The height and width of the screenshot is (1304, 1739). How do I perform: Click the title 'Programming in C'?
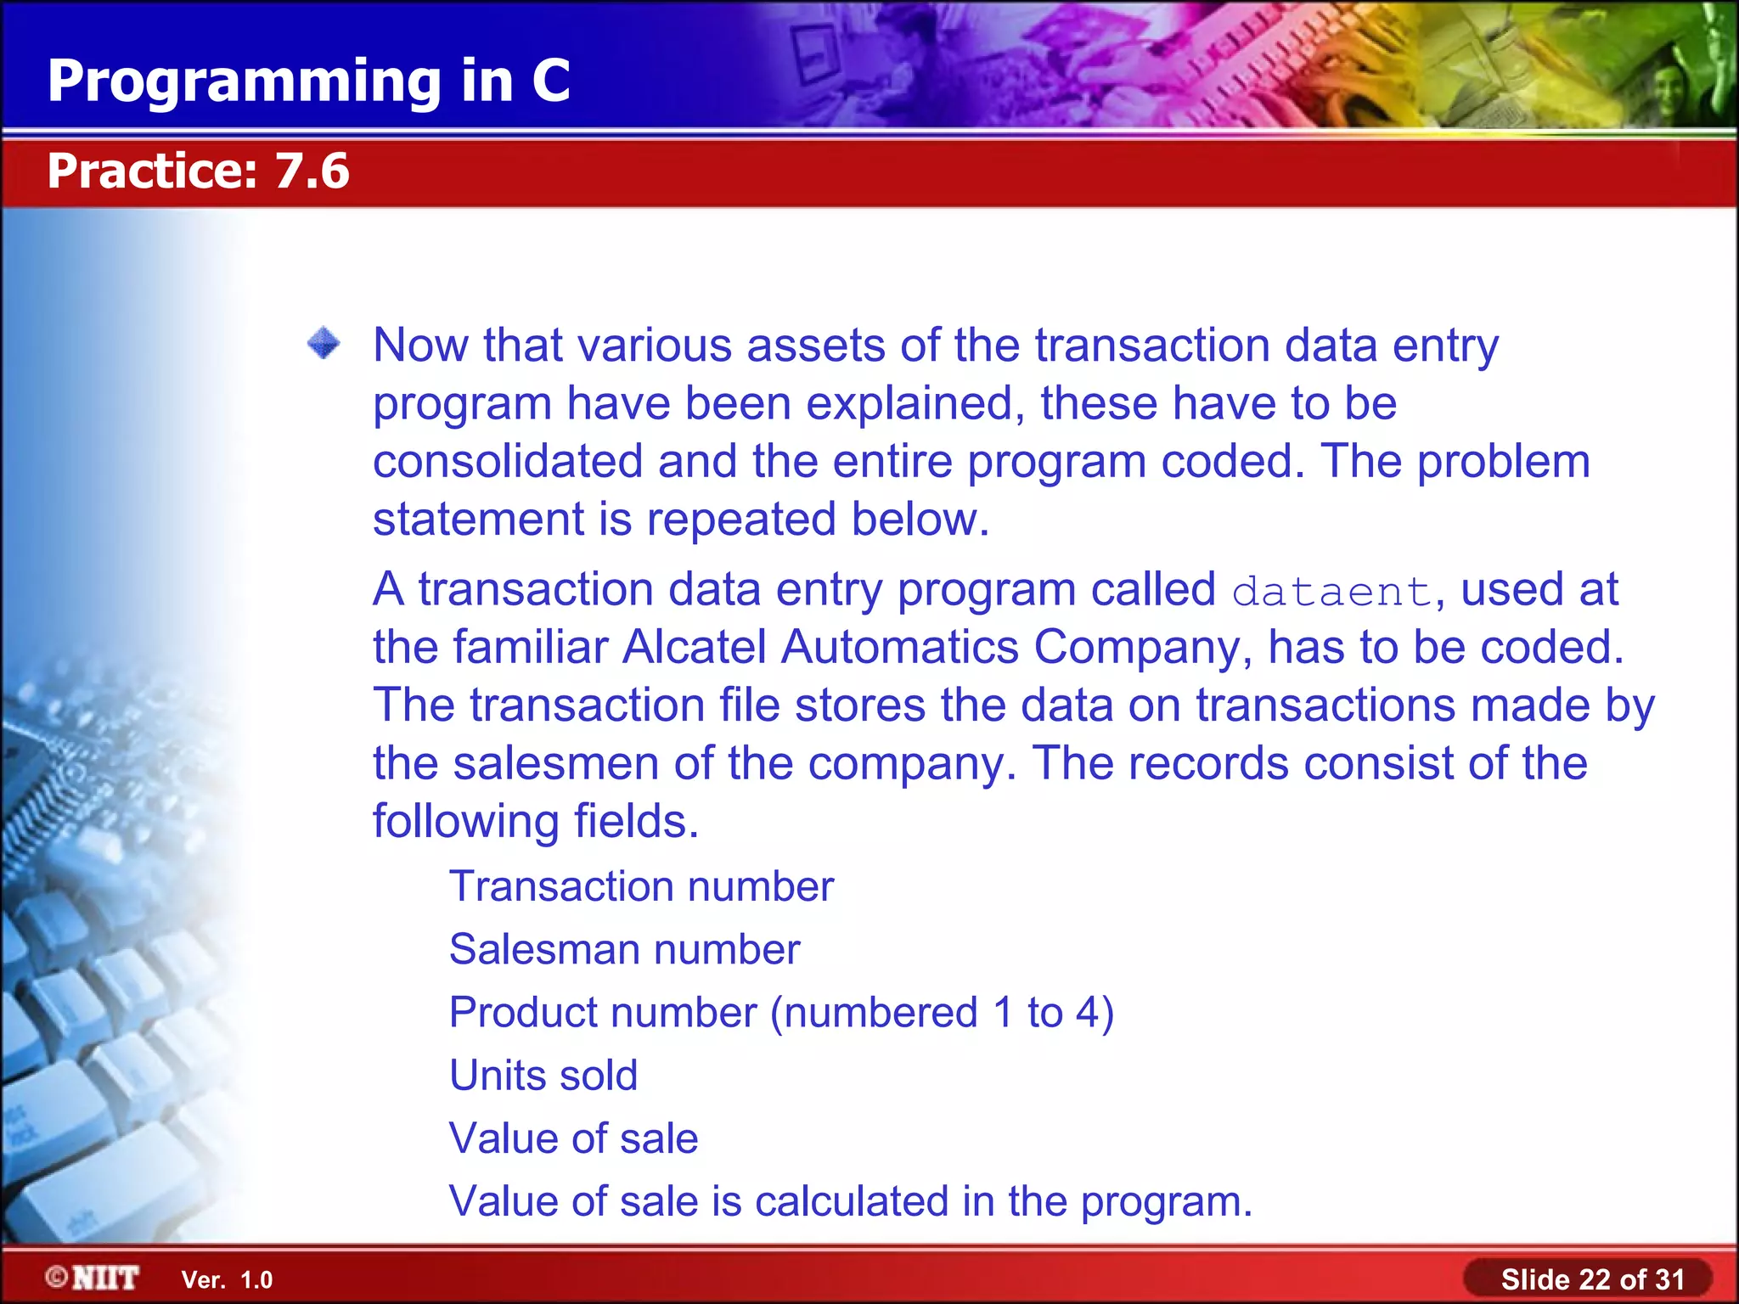point(308,81)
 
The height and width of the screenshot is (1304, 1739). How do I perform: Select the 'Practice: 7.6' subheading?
point(198,171)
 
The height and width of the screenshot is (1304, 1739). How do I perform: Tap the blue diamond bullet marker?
point(324,344)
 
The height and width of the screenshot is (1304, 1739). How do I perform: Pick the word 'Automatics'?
point(899,648)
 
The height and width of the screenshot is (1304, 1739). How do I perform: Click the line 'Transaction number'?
point(641,887)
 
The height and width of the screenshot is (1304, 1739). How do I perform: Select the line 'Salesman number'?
point(624,950)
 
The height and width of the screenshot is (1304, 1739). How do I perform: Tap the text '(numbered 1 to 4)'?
point(942,1013)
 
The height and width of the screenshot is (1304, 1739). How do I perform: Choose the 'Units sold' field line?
point(543,1076)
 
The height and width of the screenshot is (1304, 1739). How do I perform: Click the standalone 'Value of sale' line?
point(573,1138)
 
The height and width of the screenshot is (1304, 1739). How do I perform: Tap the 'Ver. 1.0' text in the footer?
point(227,1280)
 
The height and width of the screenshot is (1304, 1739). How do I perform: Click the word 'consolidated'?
point(508,462)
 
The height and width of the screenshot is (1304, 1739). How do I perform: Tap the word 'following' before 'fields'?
point(466,822)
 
